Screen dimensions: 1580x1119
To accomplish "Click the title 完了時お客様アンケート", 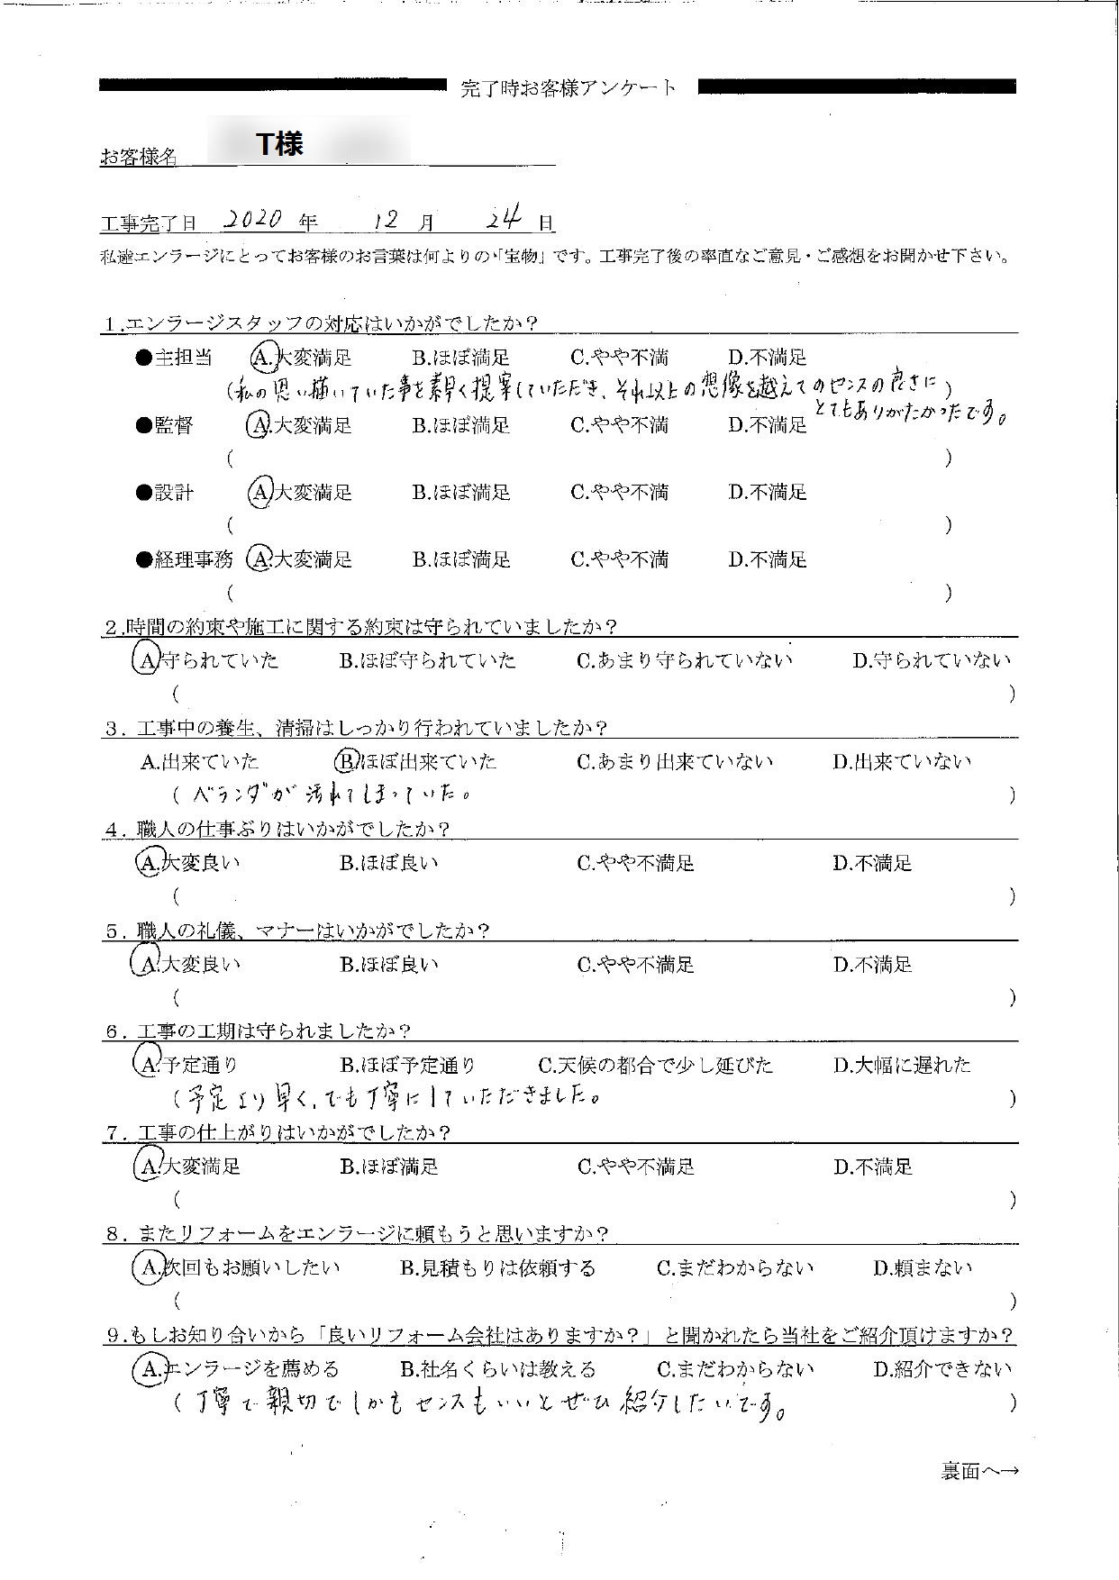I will point(568,87).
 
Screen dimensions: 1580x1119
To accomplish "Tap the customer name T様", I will point(280,144).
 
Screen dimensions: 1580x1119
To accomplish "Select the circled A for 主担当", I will point(261,358).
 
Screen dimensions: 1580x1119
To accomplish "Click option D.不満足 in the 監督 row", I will point(768,425).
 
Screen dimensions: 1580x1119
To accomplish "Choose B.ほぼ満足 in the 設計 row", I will point(461,493).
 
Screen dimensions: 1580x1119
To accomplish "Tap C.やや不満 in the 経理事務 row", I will point(619,559).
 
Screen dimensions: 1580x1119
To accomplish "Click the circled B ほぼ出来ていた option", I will point(347,761).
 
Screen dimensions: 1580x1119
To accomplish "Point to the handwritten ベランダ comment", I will point(333,795).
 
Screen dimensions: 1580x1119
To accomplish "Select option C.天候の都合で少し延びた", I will point(655,1065).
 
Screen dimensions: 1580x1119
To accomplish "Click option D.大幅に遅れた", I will point(902,1065).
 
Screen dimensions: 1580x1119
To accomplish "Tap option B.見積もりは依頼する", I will point(497,1268).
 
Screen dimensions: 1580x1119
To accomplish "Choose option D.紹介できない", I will point(942,1369).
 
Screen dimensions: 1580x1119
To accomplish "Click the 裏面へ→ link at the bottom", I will point(979,1471).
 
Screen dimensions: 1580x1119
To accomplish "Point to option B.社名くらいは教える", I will point(497,1369).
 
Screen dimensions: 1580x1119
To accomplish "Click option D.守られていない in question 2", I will point(932,660).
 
